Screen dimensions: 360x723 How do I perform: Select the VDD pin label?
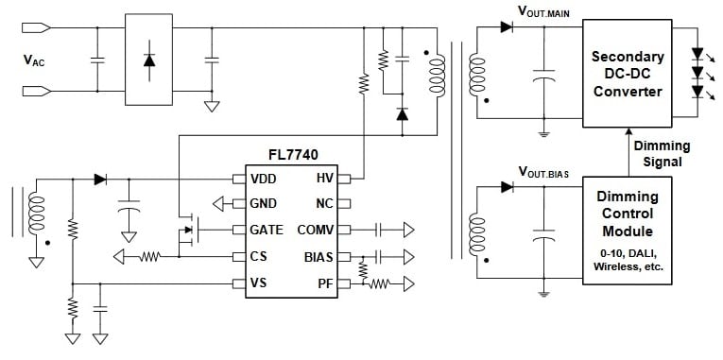pos(265,179)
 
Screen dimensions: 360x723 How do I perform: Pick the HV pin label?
pos(323,179)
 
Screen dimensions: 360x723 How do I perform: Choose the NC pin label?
pos(323,204)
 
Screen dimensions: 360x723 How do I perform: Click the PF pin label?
pos(324,283)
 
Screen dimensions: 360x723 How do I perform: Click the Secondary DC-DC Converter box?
pos(628,73)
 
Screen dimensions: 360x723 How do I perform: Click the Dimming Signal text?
pos(662,153)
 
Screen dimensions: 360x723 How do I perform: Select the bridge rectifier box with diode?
pos(149,59)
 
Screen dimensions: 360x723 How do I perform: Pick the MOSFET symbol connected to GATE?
pos(187,230)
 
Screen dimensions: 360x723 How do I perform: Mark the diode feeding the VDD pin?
pos(100,179)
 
